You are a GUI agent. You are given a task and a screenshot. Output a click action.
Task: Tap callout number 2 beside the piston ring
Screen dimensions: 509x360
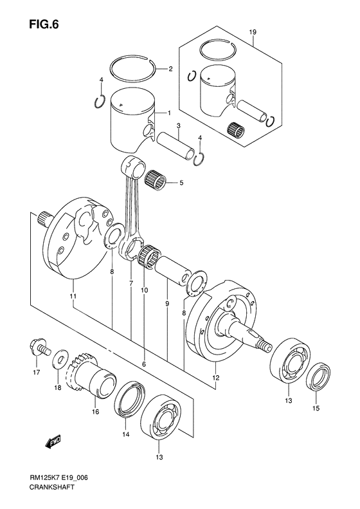coord(170,69)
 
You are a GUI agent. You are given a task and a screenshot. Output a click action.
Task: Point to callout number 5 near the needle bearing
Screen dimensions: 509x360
coord(181,183)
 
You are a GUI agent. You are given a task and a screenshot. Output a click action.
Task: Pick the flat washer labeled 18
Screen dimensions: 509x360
coord(60,355)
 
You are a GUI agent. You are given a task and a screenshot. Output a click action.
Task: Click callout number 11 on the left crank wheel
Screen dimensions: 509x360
coord(73,297)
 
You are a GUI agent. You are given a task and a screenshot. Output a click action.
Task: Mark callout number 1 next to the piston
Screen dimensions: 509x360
coord(168,113)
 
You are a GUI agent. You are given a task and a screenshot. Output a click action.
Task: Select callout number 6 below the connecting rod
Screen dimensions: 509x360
coord(144,364)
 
